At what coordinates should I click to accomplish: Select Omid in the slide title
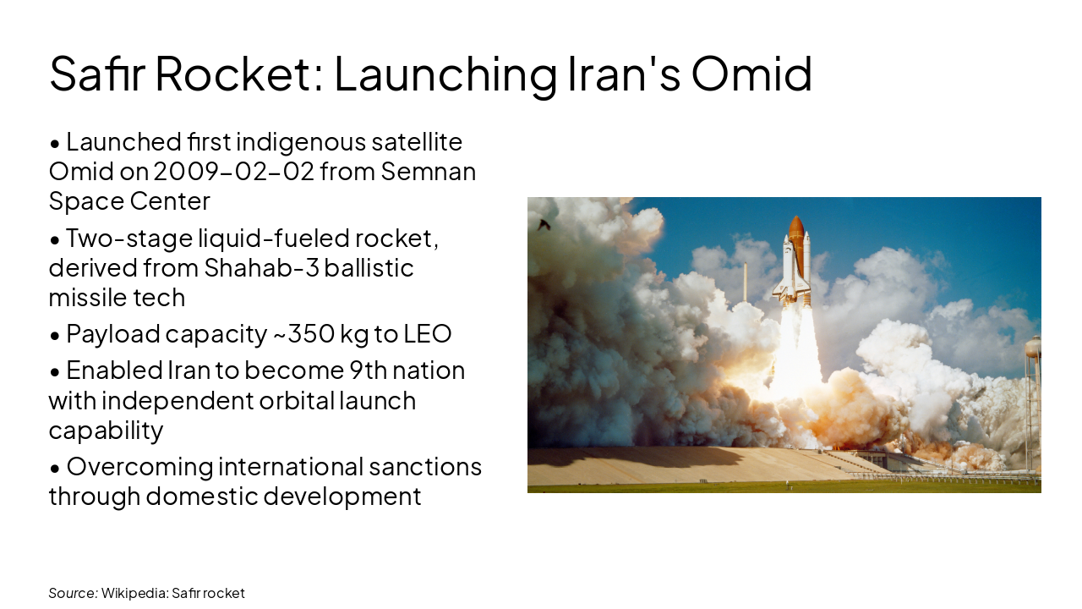click(751, 74)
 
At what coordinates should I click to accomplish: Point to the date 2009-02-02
click(233, 172)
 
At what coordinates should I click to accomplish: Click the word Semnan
click(429, 172)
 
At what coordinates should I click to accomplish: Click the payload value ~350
click(303, 334)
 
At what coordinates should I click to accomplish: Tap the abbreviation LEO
click(428, 334)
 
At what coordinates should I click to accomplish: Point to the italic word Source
click(72, 593)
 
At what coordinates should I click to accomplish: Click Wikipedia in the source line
click(134, 593)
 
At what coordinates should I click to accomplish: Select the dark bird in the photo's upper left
click(544, 225)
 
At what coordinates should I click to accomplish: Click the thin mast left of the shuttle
click(745, 283)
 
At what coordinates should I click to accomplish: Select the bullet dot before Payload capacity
click(55, 335)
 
